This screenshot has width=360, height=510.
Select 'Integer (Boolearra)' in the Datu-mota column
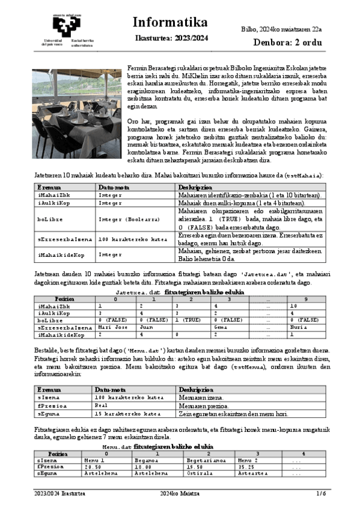pyautogui.click(x=124, y=220)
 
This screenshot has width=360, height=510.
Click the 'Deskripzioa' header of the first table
pyautogui.click(x=192, y=188)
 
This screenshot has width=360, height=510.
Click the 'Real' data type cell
pyautogui.click(x=104, y=406)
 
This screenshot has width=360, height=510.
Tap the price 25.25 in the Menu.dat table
pyautogui.click(x=246, y=466)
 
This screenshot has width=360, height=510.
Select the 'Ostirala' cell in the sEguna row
pyautogui.click(x=199, y=473)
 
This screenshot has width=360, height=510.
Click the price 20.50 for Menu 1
pyautogui.click(x=93, y=466)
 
